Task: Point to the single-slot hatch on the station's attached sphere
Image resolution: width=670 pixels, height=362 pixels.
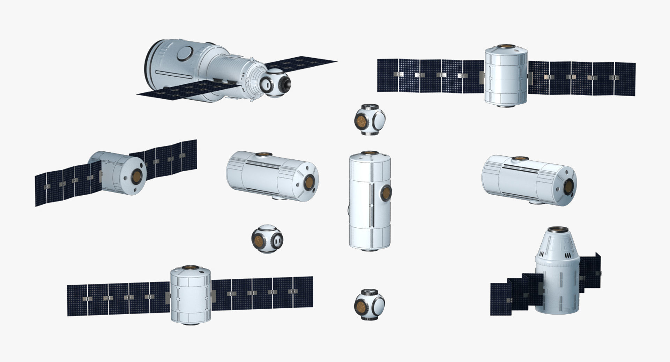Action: pos(266,84)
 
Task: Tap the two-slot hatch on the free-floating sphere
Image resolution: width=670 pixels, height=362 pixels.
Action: pos(277,240)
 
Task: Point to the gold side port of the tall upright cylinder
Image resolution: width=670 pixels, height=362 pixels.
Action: pos(386,192)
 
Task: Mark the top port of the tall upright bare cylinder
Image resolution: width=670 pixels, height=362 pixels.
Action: pos(370,153)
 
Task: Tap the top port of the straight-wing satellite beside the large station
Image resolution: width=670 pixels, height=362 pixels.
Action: pos(506,47)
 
